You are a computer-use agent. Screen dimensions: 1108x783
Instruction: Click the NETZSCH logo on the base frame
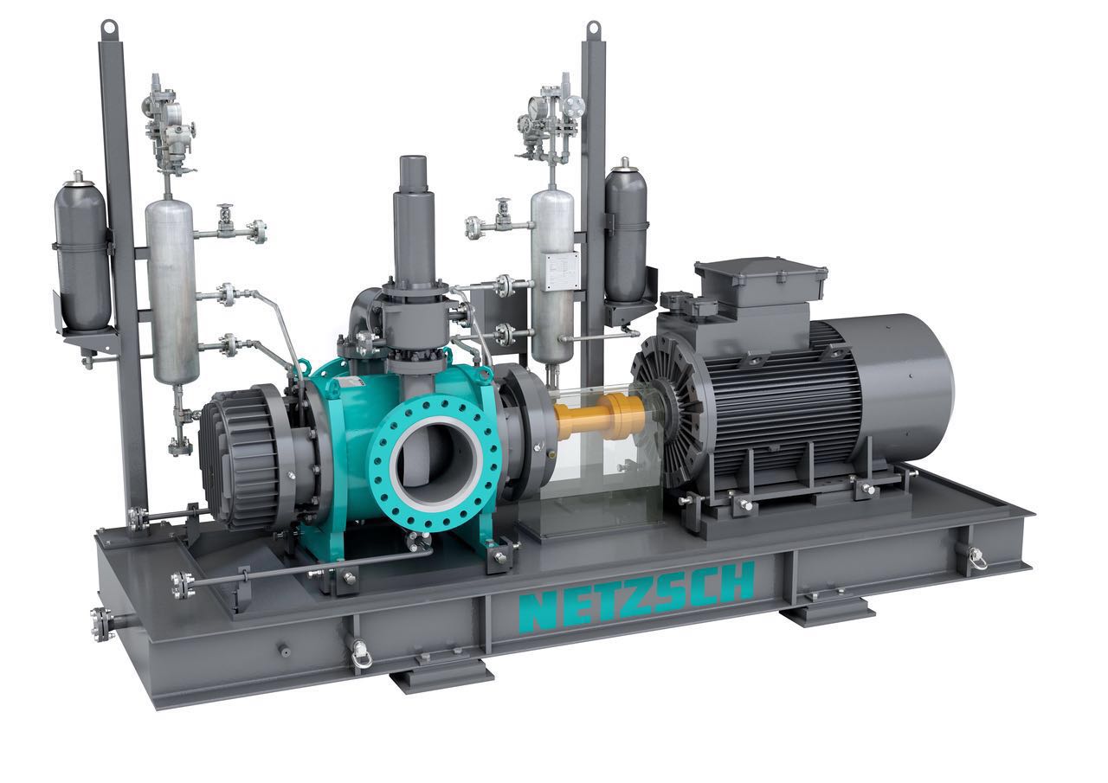(636, 596)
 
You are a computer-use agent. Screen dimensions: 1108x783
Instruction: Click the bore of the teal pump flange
(435, 459)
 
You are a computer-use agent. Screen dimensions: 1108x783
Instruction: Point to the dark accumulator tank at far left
(82, 251)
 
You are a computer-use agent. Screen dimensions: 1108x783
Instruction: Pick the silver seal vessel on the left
(171, 292)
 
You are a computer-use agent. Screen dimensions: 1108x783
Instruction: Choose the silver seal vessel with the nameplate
(553, 277)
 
